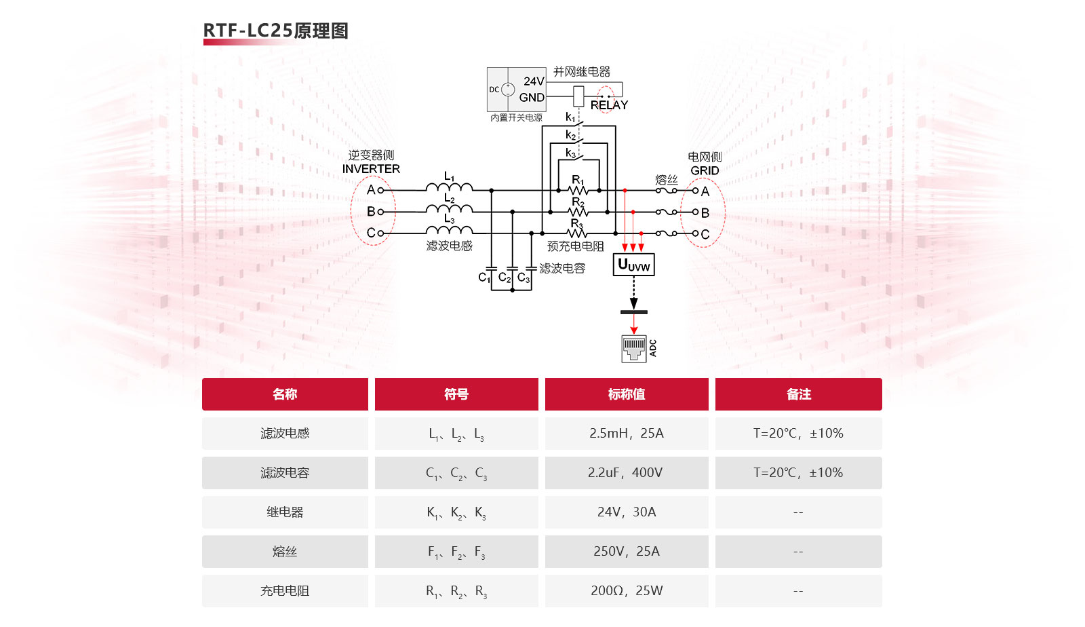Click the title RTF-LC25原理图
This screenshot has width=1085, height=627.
(x=275, y=31)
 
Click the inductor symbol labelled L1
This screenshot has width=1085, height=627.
(x=449, y=187)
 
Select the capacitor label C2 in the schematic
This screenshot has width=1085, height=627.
(x=504, y=278)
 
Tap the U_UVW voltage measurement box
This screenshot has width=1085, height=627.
(x=633, y=265)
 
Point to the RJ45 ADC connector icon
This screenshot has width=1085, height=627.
(x=634, y=348)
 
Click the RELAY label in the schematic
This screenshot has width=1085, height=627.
(x=609, y=105)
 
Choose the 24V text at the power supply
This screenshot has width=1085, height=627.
(x=533, y=81)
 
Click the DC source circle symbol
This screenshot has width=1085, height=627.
(x=507, y=89)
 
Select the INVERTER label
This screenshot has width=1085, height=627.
(x=371, y=169)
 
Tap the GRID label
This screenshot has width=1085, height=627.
(x=705, y=170)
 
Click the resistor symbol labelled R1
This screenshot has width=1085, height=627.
(x=578, y=190)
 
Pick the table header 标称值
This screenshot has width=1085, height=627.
(x=627, y=394)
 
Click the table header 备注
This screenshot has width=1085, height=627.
(x=798, y=394)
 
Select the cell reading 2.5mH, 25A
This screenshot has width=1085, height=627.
(x=627, y=433)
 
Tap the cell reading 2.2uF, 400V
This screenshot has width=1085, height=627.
(x=627, y=472)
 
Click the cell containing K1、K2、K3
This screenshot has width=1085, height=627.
(x=456, y=512)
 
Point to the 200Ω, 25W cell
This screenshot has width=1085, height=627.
(x=627, y=590)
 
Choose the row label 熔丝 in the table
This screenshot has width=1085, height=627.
(x=285, y=552)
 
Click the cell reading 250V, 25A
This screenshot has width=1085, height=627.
(x=627, y=552)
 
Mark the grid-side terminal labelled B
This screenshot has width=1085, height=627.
(x=704, y=213)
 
